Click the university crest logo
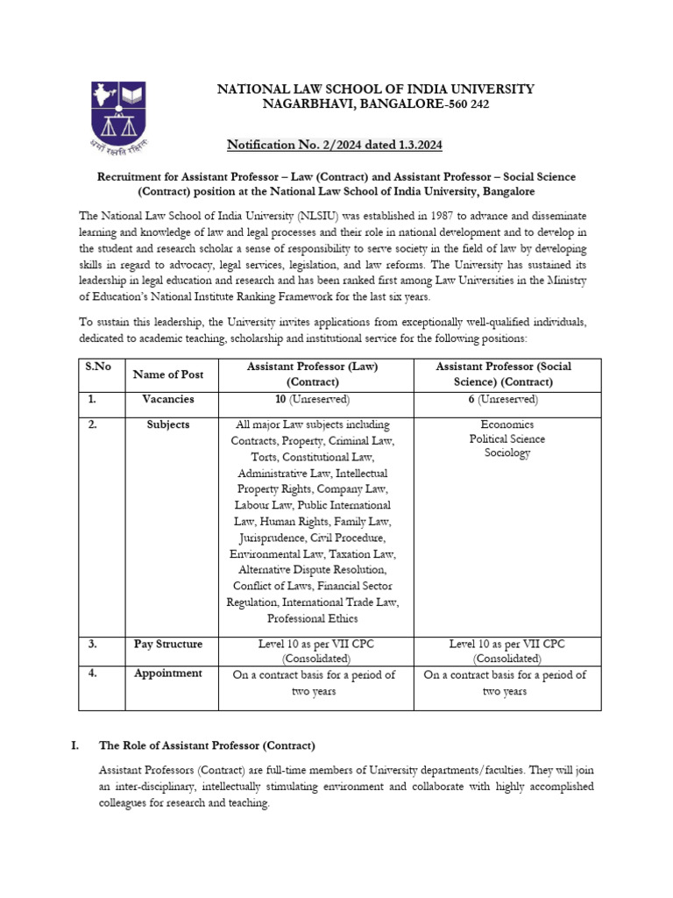[x=118, y=113]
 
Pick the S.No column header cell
[x=96, y=367]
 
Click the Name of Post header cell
[x=167, y=374]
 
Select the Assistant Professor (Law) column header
[x=312, y=374]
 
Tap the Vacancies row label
[x=167, y=399]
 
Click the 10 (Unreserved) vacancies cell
[x=312, y=399]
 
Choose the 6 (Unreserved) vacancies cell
[x=506, y=399]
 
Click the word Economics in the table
[x=507, y=424]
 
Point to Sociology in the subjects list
[x=507, y=453]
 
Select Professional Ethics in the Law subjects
[x=312, y=618]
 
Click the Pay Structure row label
[x=167, y=644]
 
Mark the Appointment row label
[x=167, y=673]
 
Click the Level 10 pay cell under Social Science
[x=506, y=651]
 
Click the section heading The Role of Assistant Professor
[x=207, y=745]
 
